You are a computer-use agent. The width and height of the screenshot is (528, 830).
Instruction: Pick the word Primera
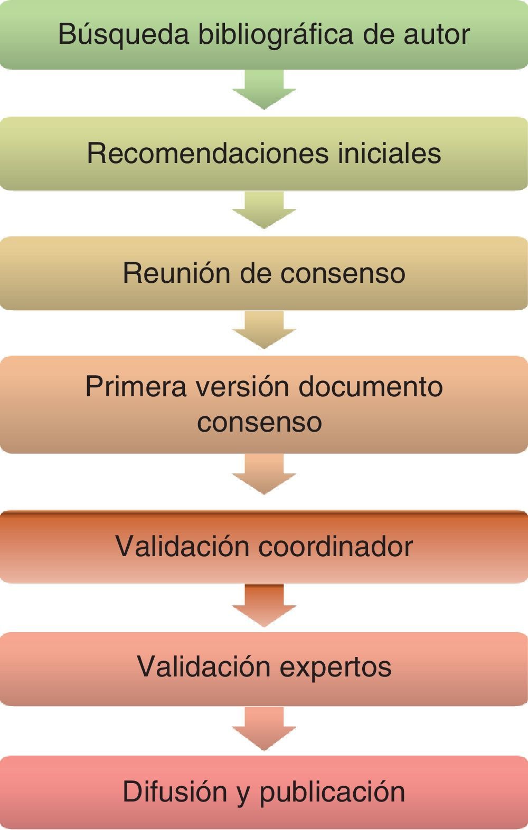click(136, 386)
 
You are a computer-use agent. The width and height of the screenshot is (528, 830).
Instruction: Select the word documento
click(370, 386)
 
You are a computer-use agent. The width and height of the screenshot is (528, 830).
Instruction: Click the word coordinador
click(335, 546)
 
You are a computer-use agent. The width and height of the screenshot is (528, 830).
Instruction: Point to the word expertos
click(335, 666)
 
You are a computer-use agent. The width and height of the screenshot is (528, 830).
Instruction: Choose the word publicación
click(332, 791)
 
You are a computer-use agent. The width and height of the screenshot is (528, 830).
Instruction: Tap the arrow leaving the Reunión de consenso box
click(264, 329)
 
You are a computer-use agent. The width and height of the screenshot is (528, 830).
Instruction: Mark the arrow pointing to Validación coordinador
click(264, 473)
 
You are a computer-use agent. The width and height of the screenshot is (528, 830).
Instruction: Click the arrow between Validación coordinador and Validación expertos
click(264, 605)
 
